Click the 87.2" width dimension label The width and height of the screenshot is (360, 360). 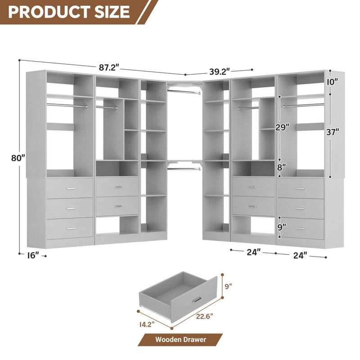pyautogui.click(x=108, y=67)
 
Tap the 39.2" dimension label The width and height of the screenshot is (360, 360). pyautogui.click(x=220, y=71)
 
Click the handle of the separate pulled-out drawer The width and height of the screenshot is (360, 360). pyautogui.click(x=196, y=300)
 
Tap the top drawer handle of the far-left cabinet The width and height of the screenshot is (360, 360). pyautogui.click(x=71, y=188)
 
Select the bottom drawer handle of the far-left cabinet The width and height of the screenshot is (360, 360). pyautogui.click(x=71, y=229)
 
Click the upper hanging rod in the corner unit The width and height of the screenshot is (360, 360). pyautogui.click(x=184, y=92)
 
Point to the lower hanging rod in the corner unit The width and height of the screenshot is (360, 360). pyautogui.click(x=184, y=168)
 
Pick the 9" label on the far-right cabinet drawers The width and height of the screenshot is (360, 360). pyautogui.click(x=282, y=228)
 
